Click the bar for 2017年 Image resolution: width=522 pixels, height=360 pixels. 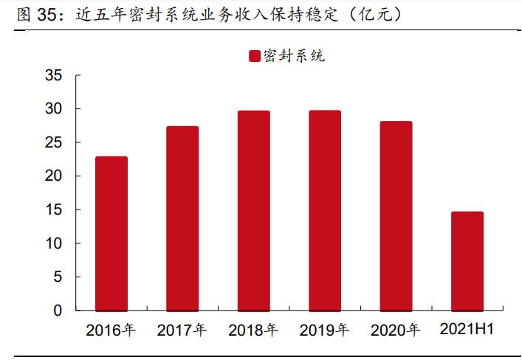[182, 218]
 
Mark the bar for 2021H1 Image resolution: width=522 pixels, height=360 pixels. [467, 261]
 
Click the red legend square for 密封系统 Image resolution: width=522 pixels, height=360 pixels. [254, 57]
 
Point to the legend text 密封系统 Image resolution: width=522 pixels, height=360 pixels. [293, 57]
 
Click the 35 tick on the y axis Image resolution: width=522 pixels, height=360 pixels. [53, 75]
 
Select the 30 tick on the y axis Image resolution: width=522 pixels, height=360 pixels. [53, 108]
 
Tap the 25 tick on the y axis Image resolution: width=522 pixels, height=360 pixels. [53, 142]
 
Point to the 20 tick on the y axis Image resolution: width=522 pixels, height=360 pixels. [53, 176]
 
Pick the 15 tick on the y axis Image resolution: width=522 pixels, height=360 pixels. [53, 210]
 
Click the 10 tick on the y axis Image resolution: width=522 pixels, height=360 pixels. [53, 243]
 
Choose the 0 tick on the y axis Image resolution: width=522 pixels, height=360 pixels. [58, 311]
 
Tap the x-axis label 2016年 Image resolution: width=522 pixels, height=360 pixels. [111, 330]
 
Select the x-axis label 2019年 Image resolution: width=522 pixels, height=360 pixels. [325, 330]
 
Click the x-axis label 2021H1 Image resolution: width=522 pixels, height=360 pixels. [467, 329]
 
